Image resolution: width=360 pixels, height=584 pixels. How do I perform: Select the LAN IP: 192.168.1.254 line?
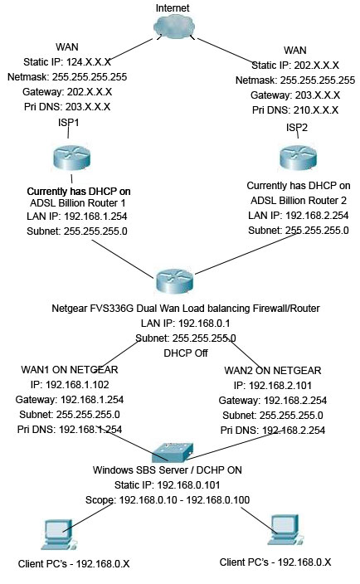79,216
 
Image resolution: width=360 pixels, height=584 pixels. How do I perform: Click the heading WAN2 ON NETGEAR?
273,371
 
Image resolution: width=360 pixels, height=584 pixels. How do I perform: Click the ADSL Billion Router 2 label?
299,201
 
